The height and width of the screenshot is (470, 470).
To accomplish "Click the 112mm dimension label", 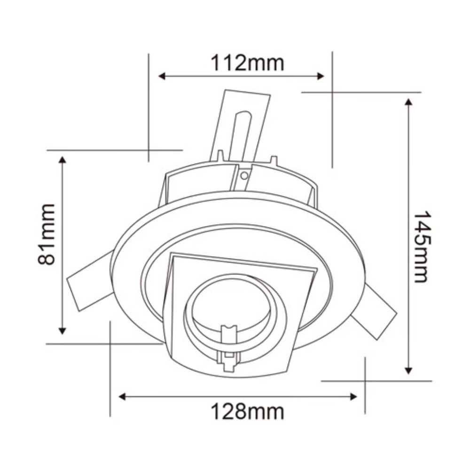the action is click(247, 63).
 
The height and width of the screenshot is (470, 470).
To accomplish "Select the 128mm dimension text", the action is click(247, 412).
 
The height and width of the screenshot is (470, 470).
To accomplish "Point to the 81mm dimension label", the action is click(47, 235).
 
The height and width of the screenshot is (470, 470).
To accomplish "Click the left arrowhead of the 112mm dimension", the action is click(162, 76).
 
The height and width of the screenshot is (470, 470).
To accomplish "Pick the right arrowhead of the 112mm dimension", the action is click(321, 76).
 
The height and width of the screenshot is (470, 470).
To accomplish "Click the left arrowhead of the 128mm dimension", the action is click(122, 397).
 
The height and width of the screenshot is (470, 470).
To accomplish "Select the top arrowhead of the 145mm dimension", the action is click(408, 102).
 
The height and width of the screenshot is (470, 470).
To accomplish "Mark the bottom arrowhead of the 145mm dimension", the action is click(408, 371).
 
